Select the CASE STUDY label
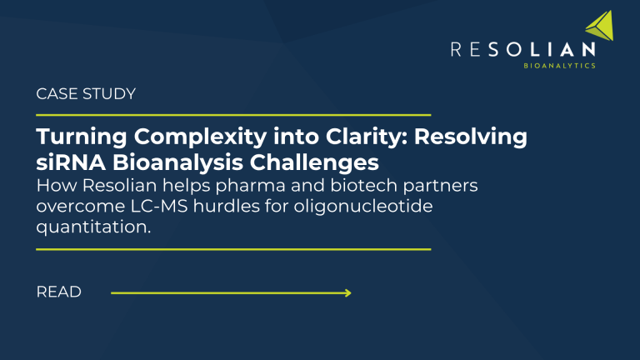point(86,94)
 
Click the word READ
point(59,292)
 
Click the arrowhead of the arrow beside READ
point(347,292)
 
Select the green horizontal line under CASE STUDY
point(233,115)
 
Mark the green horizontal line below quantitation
point(233,248)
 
